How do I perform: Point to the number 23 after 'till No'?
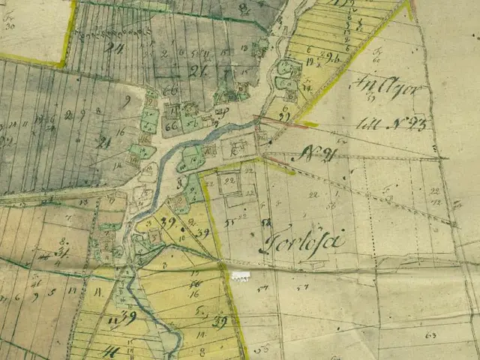click(415, 123)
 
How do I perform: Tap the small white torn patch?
click(240, 276)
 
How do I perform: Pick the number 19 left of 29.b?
click(310, 57)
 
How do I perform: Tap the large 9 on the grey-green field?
click(127, 100)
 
